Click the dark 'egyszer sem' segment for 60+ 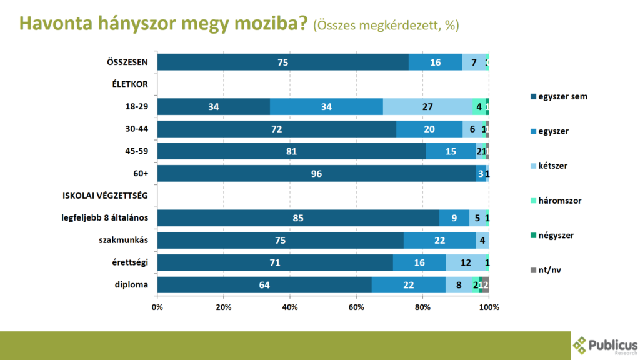316,174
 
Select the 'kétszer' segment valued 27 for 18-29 427,107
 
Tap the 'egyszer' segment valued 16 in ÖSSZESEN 436,62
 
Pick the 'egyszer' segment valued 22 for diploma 409,285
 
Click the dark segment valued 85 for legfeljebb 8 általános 298,218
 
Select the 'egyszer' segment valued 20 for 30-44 429,129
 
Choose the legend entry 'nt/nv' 551,270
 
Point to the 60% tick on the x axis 356,307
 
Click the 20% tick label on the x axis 223,307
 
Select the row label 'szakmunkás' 123,241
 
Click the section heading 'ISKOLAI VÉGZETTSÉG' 105,196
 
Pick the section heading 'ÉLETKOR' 129,85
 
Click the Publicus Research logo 605,346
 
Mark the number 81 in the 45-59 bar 291,152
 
